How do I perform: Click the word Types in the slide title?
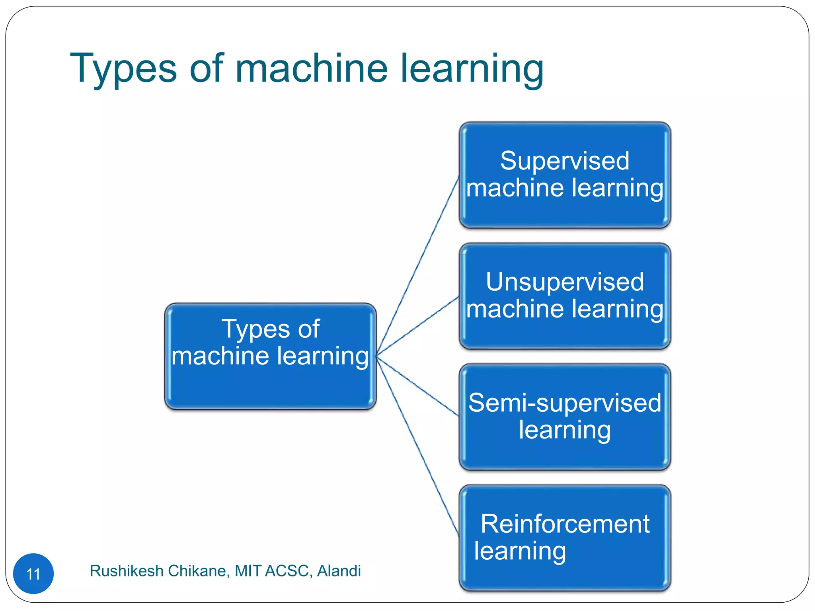(x=123, y=69)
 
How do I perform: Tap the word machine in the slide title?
(x=311, y=68)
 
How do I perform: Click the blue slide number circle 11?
(x=33, y=574)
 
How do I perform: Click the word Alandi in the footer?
(x=339, y=571)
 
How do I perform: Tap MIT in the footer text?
(x=248, y=571)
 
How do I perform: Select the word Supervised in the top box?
(x=565, y=161)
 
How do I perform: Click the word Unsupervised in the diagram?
(x=565, y=282)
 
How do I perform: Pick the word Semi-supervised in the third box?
(x=565, y=403)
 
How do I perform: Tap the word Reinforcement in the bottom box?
(x=565, y=524)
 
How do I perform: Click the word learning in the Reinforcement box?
(x=520, y=551)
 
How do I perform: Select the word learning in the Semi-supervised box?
(x=565, y=430)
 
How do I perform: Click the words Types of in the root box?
(x=270, y=329)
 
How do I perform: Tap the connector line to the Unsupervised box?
(x=418, y=326)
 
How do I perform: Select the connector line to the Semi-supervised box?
(x=418, y=387)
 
